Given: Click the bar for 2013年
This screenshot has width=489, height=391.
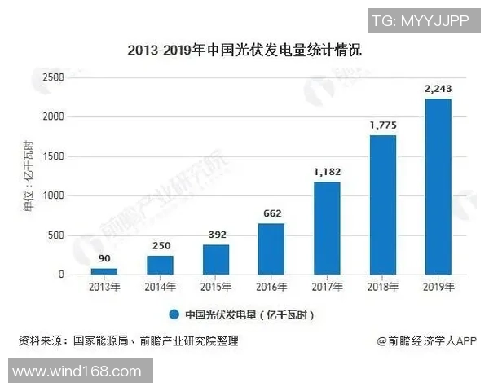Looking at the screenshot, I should [x=104, y=271].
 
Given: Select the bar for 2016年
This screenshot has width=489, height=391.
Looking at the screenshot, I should [x=271, y=249].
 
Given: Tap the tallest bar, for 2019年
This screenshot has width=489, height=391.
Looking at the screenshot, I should [x=438, y=187].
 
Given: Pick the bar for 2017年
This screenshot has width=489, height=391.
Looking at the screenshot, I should [x=327, y=228].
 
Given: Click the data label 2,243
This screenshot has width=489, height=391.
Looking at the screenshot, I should [x=438, y=88].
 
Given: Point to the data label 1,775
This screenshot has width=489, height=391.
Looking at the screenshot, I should [x=382, y=125].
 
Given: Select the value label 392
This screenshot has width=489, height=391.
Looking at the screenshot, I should [x=216, y=234].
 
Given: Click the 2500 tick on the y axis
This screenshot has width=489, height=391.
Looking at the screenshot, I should [x=53, y=77].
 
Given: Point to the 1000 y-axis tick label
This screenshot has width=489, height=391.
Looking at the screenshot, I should [x=53, y=196].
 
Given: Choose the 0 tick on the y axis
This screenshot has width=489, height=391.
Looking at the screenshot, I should [x=60, y=275].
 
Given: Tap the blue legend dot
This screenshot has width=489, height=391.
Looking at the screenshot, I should [x=174, y=314].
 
